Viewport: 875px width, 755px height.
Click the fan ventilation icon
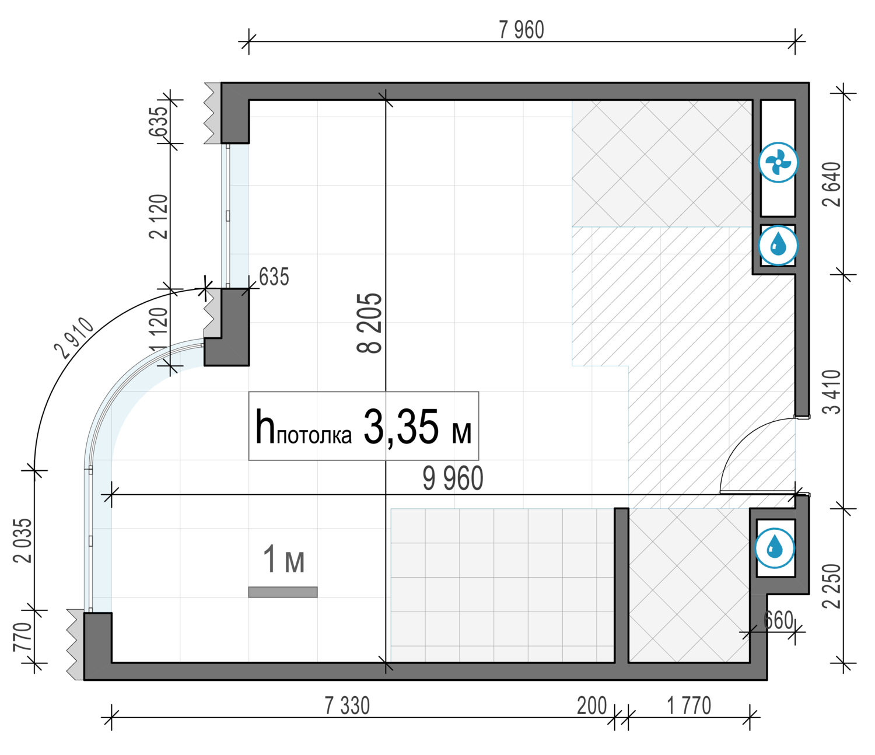778,162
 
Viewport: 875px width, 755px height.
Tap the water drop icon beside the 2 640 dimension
778,246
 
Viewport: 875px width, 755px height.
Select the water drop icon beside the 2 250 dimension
775,548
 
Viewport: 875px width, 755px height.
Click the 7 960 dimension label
521,30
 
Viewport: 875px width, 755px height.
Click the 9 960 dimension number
453,479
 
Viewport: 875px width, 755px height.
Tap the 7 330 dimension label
347,706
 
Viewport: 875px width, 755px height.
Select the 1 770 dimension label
689,706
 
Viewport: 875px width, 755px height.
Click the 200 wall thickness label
592,706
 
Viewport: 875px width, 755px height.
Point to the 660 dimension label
778,620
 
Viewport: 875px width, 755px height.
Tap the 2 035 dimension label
23,540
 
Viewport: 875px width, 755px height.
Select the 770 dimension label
23,637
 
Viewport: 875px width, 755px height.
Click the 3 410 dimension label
832,392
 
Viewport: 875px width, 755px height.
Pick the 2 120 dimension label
159,216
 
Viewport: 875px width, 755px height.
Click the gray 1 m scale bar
283,592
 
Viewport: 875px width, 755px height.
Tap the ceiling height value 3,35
401,427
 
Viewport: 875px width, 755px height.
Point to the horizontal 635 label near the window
274,277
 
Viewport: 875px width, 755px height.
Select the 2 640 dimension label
832,184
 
